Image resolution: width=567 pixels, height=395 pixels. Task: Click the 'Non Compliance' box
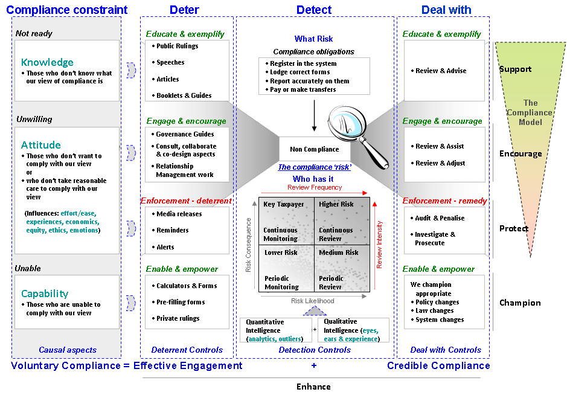pyautogui.click(x=315, y=149)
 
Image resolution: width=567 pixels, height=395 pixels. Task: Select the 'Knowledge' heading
pyautogui.click(x=47, y=62)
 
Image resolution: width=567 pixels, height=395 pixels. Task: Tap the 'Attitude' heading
pyautogui.click(x=41, y=145)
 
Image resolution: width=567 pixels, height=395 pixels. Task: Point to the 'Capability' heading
pyautogui.click(x=45, y=294)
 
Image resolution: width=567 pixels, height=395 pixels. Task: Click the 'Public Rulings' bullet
pyautogui.click(x=175, y=46)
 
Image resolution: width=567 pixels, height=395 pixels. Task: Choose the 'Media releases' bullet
pyautogui.click(x=177, y=214)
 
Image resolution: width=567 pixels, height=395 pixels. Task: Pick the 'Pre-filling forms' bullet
pyautogui.click(x=179, y=302)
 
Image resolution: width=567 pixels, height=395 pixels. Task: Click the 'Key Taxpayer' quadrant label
pyautogui.click(x=284, y=204)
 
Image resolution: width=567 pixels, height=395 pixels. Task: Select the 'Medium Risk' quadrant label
pyautogui.click(x=339, y=252)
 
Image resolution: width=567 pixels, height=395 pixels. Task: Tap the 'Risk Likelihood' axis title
pyautogui.click(x=313, y=301)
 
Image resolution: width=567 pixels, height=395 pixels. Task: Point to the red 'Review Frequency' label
pyautogui.click(x=315, y=187)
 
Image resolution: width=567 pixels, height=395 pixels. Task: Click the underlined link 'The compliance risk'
pyautogui.click(x=315, y=167)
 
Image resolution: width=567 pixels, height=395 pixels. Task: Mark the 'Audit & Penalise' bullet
pyautogui.click(x=438, y=218)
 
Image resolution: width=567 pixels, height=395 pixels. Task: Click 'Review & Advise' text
pyautogui.click(x=438, y=71)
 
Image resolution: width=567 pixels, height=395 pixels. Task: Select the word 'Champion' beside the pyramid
pyautogui.click(x=520, y=303)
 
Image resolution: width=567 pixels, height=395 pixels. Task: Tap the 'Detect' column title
pyautogui.click(x=314, y=10)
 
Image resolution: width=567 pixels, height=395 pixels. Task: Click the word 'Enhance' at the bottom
pyautogui.click(x=313, y=387)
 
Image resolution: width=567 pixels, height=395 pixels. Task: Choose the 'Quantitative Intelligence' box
pyautogui.click(x=276, y=330)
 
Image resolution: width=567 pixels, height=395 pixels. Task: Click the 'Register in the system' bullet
pyautogui.click(x=301, y=63)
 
